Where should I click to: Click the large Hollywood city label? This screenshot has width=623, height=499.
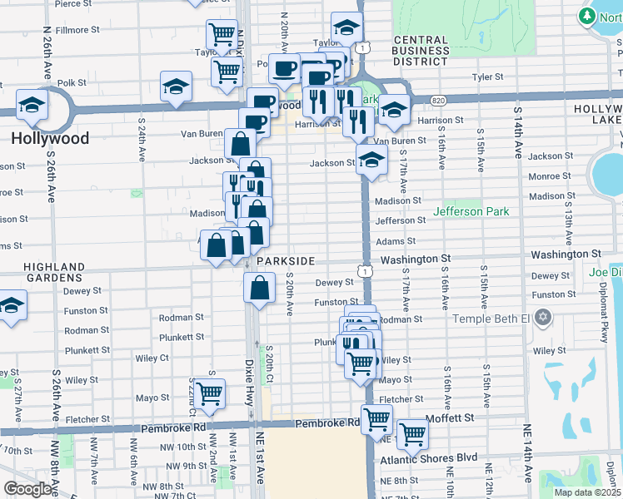pos(50,138)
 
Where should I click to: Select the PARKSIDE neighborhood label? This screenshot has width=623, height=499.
pos(285,261)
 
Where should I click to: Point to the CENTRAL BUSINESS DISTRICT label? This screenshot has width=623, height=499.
pos(421,51)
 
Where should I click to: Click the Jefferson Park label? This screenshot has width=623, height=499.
pos(471,211)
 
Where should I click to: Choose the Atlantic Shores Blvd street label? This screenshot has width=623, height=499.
pos(429,458)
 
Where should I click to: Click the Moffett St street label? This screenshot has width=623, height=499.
pos(449,417)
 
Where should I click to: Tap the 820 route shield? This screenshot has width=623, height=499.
pos(438,101)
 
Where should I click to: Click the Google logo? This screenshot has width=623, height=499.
pos(27,489)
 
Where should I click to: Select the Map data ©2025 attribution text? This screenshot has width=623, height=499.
pos(586,492)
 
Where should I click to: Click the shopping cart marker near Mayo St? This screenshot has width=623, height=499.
pos(208,392)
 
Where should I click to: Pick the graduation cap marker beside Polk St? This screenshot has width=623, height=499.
pos(177,86)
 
